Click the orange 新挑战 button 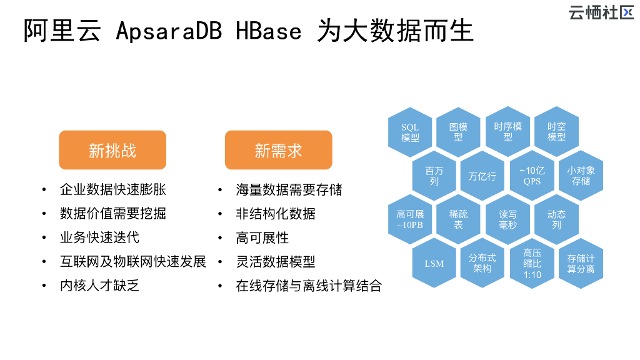tap(112, 150)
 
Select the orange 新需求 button tap(278, 150)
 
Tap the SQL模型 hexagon tap(410, 132)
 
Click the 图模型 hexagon tap(459, 132)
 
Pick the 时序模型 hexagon tap(507, 132)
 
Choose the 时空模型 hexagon tap(556, 132)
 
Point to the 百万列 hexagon tap(434, 176)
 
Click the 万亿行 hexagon tap(482, 176)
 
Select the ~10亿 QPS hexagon tap(532, 176)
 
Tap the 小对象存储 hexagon tap(581, 176)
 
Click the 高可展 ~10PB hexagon tap(410, 219)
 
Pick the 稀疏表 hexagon tap(459, 219)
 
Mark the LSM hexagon tap(434, 263)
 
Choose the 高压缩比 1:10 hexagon tap(532, 263)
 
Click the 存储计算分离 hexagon tap(581, 263)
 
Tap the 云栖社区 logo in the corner tap(601, 12)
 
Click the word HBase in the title tap(269, 31)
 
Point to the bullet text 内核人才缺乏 tap(99, 286)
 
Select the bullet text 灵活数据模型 tap(276, 262)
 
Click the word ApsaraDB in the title tap(169, 31)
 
